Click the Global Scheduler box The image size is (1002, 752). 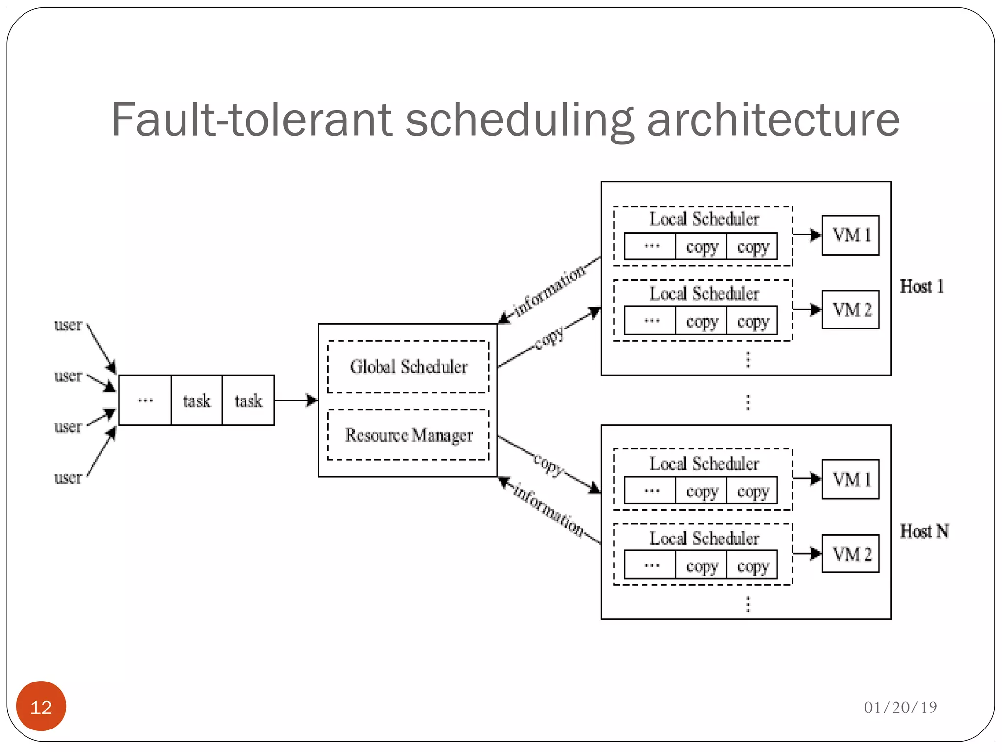pyautogui.click(x=408, y=367)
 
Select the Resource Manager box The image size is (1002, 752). pyautogui.click(x=408, y=435)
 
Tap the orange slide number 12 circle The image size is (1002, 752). pyautogui.click(x=41, y=706)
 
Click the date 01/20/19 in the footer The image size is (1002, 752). pyautogui.click(x=900, y=707)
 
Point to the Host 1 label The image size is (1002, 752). pyautogui.click(x=922, y=286)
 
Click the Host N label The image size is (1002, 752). pyautogui.click(x=924, y=531)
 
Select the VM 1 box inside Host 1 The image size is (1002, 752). pyautogui.click(x=850, y=235)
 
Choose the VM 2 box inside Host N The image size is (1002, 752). pyautogui.click(x=850, y=554)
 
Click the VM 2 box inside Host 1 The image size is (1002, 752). pyautogui.click(x=850, y=309)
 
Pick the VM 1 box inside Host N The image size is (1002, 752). pyautogui.click(x=850, y=479)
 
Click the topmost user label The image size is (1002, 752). pyautogui.click(x=68, y=325)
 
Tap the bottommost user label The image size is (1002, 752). pyautogui.click(x=68, y=478)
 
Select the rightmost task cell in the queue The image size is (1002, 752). pyautogui.click(x=248, y=400)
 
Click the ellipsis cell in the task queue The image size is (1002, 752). pyautogui.click(x=145, y=400)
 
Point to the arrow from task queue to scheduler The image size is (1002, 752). pyautogui.click(x=296, y=400)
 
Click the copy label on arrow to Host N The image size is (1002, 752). pyautogui.click(x=548, y=464)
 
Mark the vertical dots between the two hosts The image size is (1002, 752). pyautogui.click(x=747, y=402)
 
